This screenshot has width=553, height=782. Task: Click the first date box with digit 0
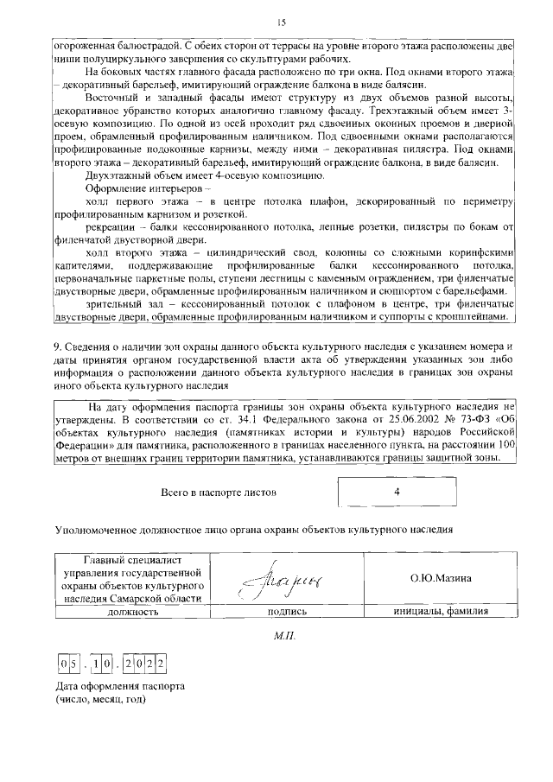click(x=64, y=664)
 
